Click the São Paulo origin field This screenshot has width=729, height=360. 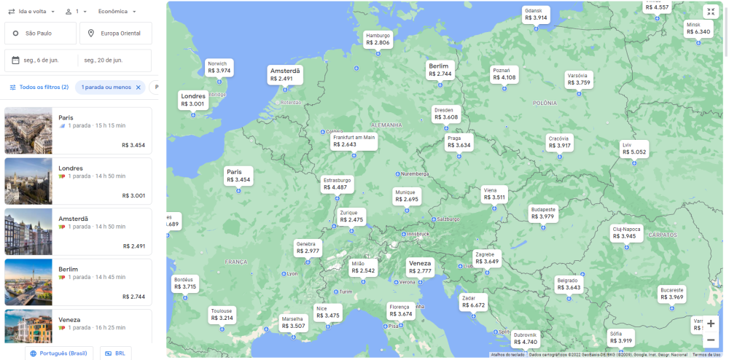[40, 33]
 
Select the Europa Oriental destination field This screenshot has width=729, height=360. [117, 33]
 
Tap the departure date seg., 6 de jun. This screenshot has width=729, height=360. [40, 60]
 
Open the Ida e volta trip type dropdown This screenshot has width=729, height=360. [30, 12]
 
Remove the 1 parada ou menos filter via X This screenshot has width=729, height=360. [138, 87]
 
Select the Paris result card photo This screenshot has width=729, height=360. [28, 131]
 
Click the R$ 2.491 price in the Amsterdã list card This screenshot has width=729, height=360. [134, 246]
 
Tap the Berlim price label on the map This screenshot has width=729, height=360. [440, 70]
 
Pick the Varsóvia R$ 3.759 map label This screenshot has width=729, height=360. [578, 79]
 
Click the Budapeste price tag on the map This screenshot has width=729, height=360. [543, 213]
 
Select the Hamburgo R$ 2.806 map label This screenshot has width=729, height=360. [378, 39]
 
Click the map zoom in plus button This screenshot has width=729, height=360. [711, 324]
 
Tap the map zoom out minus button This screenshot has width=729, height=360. [711, 340]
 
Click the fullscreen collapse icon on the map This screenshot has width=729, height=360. [711, 12]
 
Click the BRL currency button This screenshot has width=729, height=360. [116, 353]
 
